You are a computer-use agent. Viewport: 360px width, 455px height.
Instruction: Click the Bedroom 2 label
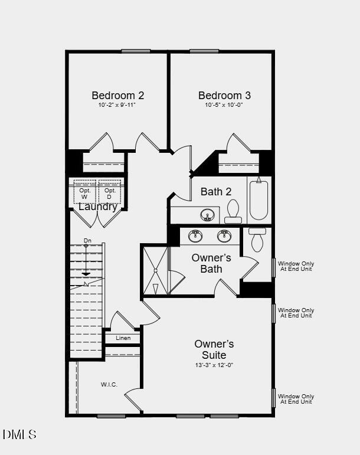(x=118, y=95)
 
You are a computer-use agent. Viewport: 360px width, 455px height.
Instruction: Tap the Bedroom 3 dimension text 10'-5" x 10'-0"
(x=224, y=105)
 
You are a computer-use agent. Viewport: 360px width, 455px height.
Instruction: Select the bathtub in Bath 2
(x=258, y=199)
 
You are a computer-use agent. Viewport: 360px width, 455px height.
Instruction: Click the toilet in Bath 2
(x=233, y=211)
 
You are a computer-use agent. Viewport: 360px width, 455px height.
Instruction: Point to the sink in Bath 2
(x=208, y=215)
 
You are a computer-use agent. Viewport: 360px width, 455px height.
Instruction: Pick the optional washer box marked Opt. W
(x=85, y=192)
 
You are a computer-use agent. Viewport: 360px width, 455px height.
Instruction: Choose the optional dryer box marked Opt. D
(x=110, y=192)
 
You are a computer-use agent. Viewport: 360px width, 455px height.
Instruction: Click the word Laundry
(x=98, y=207)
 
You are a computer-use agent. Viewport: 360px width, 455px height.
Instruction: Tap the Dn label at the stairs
(x=87, y=241)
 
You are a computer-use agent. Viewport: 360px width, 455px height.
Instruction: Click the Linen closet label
(x=123, y=338)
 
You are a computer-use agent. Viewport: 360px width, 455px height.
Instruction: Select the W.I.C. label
(x=109, y=385)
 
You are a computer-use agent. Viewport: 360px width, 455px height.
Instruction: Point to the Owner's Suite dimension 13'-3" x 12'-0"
(x=214, y=365)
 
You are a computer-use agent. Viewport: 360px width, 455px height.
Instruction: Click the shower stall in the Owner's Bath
(x=155, y=270)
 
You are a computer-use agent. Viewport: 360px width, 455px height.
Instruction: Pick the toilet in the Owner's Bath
(x=257, y=240)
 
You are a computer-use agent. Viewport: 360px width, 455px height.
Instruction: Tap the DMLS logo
(x=19, y=434)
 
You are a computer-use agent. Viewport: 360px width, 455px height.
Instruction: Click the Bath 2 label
(x=216, y=192)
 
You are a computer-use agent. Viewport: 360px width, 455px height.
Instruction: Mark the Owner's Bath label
(x=211, y=263)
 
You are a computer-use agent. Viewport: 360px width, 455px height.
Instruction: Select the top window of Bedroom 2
(x=136, y=51)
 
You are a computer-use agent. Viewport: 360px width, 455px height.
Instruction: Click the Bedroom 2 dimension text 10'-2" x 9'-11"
(x=117, y=105)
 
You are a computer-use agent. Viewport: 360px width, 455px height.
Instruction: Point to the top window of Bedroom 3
(x=204, y=51)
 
